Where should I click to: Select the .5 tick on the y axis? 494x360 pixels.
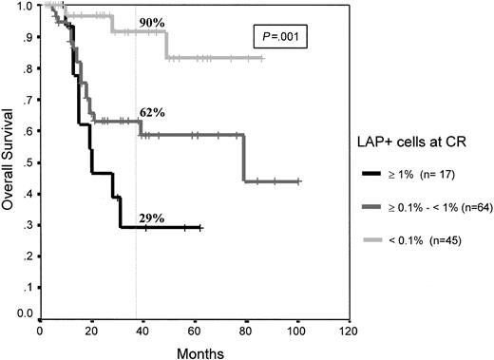(x=28, y=160)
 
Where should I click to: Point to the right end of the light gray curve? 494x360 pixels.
(x=263, y=58)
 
